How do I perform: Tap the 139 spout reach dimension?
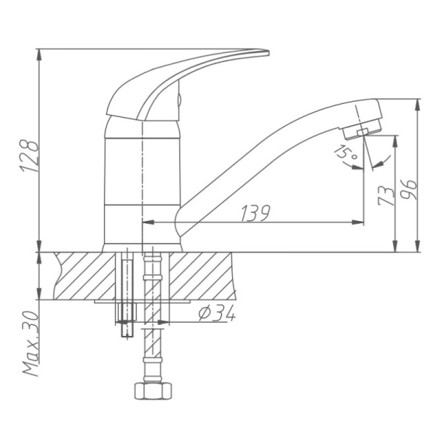(x=255, y=212)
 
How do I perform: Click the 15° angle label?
(x=343, y=154)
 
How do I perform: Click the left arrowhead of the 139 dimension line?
(x=144, y=222)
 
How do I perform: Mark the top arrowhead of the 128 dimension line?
(x=38, y=53)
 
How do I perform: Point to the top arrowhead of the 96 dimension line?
(x=420, y=103)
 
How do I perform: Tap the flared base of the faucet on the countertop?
(x=140, y=239)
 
